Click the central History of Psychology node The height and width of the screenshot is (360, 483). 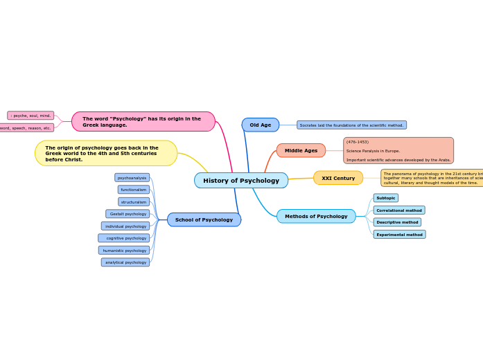pos(241,181)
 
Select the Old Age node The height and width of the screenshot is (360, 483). pos(261,125)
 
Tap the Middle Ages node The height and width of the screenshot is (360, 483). pos(301,150)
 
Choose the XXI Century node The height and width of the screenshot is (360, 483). pos(338,178)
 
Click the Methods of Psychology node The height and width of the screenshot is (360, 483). pos(316,216)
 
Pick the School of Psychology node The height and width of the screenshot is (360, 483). pos(204,219)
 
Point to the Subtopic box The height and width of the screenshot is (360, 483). pos(386,198)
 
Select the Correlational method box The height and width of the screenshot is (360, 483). pos(399,210)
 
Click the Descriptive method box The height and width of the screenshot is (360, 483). pos(397,222)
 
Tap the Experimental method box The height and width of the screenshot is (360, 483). pos(399,235)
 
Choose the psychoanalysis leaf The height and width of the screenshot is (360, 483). pos(132,178)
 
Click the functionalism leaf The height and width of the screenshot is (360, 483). pos(134,190)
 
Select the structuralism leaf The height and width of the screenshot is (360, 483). pos(134,202)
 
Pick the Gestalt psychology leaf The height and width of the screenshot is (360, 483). pos(128,214)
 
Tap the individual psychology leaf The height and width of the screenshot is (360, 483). pos(125,226)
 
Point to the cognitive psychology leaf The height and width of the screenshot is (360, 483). pos(124,238)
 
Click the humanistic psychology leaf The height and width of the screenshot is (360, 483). pos(124,251)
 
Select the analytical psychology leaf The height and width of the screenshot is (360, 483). pos(125,262)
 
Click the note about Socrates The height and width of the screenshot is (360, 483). pos(351,125)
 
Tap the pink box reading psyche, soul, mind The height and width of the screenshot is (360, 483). pos(30,116)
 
